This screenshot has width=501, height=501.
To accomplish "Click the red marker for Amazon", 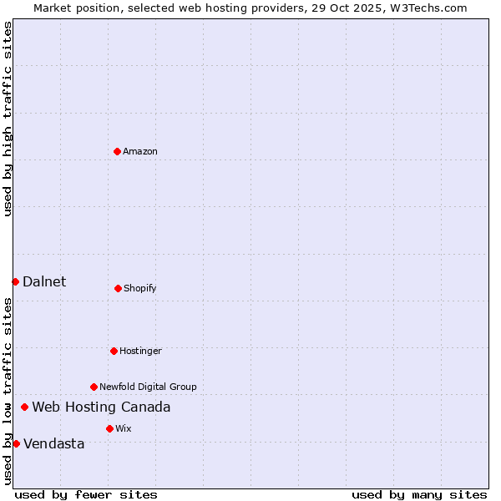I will [x=117, y=151].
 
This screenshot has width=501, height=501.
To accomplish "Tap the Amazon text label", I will [x=140, y=152].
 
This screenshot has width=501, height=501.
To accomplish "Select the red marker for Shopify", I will [x=118, y=288].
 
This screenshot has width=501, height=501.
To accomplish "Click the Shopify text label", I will [x=140, y=289].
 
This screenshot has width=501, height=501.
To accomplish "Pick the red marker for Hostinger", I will [x=114, y=351].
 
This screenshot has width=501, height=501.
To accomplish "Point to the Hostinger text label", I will [x=140, y=352].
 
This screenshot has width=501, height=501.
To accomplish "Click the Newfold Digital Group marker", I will [x=94, y=387].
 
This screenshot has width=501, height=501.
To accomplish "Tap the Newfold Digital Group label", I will [x=148, y=387].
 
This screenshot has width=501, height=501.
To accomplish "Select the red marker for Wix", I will [x=109, y=428].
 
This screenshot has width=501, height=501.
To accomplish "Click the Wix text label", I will [x=124, y=429].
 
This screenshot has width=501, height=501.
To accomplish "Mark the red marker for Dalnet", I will [x=15, y=281].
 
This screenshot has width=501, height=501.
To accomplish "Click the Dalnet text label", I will [x=44, y=282].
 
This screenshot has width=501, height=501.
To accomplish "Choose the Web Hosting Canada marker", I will [x=24, y=407].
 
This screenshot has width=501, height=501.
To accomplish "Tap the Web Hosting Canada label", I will [x=101, y=407].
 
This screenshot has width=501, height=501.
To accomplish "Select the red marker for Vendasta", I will [x=16, y=443].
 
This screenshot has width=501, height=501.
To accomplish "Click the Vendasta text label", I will [x=54, y=444].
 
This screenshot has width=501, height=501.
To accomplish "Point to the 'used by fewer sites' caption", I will [x=86, y=495].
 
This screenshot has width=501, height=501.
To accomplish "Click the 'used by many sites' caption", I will [x=419, y=495].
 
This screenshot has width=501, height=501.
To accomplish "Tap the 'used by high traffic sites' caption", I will [x=8, y=119].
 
